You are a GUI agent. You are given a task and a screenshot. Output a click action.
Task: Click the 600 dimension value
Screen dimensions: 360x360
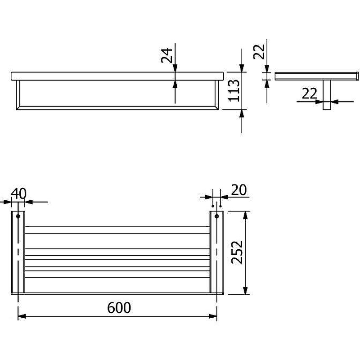tap(119, 307)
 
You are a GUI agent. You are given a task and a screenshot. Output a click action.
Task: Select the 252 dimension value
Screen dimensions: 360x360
tap(237, 252)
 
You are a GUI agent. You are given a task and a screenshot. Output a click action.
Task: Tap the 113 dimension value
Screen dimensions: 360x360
tap(234, 90)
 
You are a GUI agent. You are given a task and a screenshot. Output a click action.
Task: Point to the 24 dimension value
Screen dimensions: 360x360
tap(166, 55)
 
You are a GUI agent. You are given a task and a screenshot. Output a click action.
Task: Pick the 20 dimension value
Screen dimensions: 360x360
tap(239, 190)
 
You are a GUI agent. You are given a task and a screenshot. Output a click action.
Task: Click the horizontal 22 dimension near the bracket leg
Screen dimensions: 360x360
tap(310, 94)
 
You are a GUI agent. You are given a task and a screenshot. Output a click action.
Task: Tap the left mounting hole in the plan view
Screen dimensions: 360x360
tap(18, 216)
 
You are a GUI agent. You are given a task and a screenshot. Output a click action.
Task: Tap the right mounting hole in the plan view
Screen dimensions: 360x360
tap(216, 216)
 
